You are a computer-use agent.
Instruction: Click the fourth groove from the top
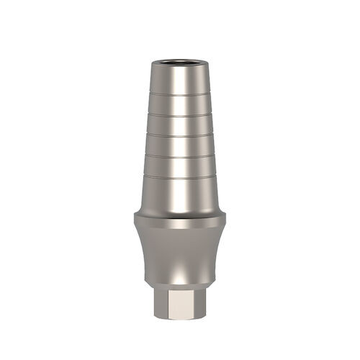[179, 156]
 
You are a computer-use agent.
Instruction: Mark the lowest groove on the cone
[179, 176]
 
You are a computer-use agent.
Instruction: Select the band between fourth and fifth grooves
[179, 166]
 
